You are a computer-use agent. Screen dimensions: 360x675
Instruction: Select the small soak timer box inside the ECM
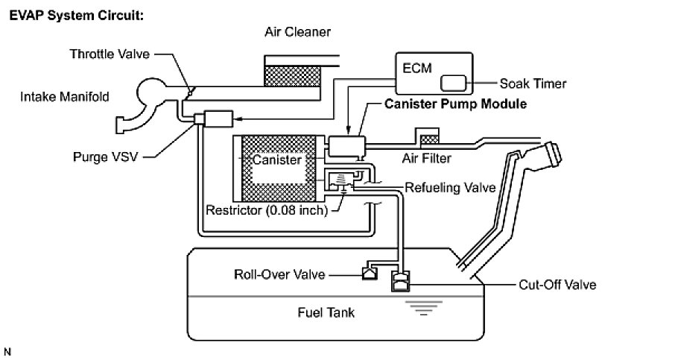(454, 83)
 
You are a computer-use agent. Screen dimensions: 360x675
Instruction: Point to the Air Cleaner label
(297, 32)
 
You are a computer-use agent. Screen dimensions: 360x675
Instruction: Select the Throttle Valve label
(110, 54)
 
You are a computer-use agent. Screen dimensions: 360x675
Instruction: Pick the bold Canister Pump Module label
(455, 104)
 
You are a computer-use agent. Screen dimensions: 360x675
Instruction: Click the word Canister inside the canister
(276, 160)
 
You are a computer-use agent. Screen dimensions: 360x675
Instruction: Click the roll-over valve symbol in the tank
(369, 273)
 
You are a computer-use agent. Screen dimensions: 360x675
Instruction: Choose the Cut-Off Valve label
(558, 284)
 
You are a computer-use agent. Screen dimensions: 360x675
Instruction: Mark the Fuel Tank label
(321, 312)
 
